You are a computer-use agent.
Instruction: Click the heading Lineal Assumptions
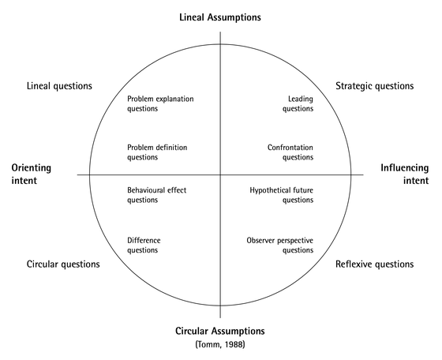220,17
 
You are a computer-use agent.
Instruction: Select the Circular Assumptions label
220,330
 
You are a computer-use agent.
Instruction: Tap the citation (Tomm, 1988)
220,345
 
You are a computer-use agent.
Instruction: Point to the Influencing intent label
404,174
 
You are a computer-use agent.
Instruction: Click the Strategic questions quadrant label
374,85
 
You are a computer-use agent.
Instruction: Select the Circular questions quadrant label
63,264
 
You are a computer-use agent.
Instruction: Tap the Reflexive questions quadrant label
374,264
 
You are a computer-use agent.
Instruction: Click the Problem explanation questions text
160,103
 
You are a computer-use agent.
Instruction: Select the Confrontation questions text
290,152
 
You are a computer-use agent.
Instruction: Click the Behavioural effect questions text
156,195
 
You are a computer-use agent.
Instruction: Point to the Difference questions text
143,245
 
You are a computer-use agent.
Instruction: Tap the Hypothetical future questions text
281,195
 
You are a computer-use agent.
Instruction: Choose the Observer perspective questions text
279,245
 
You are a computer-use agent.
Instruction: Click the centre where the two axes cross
220,174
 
